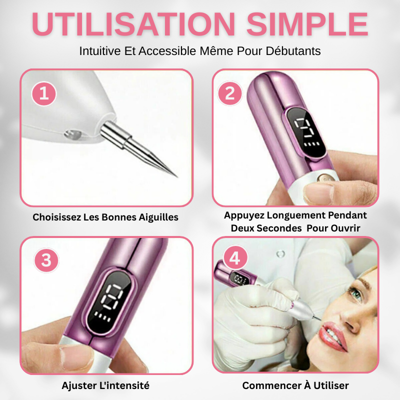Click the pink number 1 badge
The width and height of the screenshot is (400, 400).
coord(44,93)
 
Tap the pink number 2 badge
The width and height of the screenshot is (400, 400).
coord(230,93)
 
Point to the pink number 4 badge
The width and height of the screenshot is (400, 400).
coord(235,259)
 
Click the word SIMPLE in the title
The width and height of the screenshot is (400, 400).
coord(307,24)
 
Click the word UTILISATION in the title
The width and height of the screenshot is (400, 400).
coord(134,24)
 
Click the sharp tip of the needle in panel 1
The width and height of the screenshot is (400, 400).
coord(176,176)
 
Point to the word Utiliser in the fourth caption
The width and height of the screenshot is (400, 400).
coord(330,385)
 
